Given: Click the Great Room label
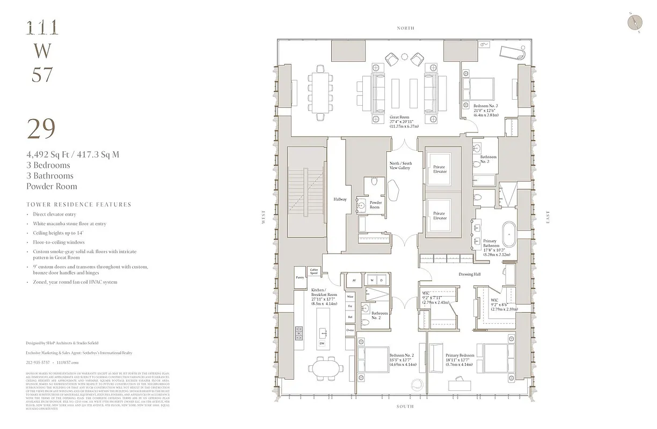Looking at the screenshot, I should tap(401, 121).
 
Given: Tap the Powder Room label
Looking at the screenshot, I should tap(375, 205).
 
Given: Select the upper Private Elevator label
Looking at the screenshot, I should tap(439, 169).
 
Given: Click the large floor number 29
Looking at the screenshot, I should tap(41, 129).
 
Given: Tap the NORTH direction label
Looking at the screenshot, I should tap(405, 28).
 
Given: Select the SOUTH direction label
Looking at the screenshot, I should tap(405, 406).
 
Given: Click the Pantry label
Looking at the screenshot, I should tap(300, 277).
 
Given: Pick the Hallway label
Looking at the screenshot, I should tap(340, 199).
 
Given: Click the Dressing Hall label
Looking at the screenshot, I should tap(469, 274).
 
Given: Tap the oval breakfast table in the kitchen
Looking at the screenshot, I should tap(325, 368).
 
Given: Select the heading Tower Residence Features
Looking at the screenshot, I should tap(78, 204).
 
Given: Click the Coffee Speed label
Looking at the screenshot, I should tap(313, 272).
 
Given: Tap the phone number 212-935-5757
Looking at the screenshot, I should tap(40, 363).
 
